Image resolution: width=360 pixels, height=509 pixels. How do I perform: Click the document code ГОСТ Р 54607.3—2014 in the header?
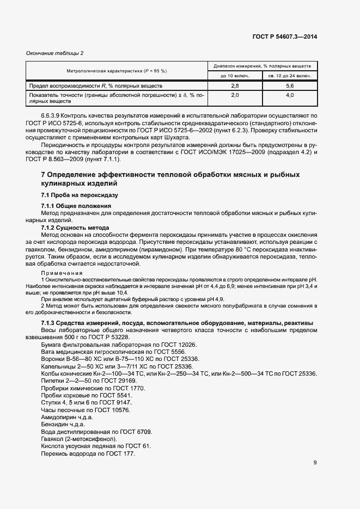pyautogui.click(x=285, y=36)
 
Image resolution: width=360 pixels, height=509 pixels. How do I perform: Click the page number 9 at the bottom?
pyautogui.click(x=315, y=463)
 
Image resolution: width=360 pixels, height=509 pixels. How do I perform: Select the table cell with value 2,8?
pyautogui.click(x=235, y=86)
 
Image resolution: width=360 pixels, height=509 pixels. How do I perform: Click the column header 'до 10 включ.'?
pyautogui.click(x=235, y=76)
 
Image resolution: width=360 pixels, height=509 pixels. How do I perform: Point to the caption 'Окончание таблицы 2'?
pyautogui.click(x=55, y=53)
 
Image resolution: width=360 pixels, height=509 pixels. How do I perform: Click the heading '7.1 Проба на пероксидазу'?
pyautogui.click(x=80, y=195)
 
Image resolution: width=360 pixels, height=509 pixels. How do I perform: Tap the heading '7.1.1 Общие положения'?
pyautogui.click(x=76, y=206)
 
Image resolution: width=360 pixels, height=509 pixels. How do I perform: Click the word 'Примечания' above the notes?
pyautogui.click(x=62, y=273)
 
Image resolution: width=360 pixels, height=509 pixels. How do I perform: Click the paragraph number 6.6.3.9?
pyautogui.click(x=52, y=116)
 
